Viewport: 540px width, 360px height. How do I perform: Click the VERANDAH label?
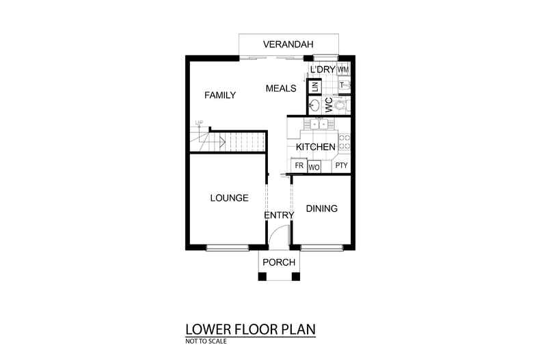(288, 45)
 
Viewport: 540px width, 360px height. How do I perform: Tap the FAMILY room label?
(220, 95)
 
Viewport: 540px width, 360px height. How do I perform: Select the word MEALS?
(280, 88)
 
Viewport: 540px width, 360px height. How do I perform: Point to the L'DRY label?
(321, 70)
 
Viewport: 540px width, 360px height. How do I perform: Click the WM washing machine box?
(343, 70)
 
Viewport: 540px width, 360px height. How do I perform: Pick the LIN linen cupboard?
(314, 87)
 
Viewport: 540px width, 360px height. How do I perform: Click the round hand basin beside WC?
(315, 106)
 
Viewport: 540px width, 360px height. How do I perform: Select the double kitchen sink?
(319, 124)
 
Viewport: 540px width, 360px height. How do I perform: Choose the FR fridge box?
(299, 166)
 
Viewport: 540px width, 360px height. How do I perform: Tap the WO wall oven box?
(314, 167)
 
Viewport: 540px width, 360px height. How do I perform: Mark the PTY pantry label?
(341, 166)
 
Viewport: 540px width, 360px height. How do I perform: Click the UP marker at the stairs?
(199, 123)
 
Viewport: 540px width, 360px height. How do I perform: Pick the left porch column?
(261, 276)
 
